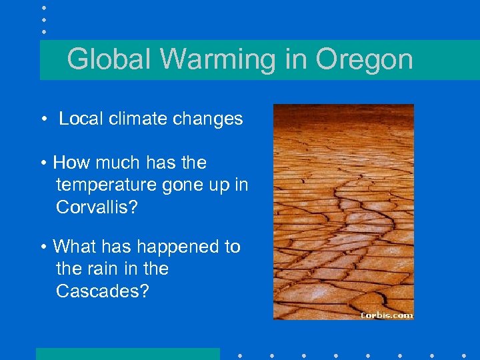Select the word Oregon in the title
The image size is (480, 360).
[x=364, y=59]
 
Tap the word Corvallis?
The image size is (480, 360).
[x=97, y=207]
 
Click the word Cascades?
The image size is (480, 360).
[x=102, y=291]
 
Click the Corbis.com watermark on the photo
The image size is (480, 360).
[x=386, y=315]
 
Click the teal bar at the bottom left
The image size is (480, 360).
[x=127, y=354]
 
